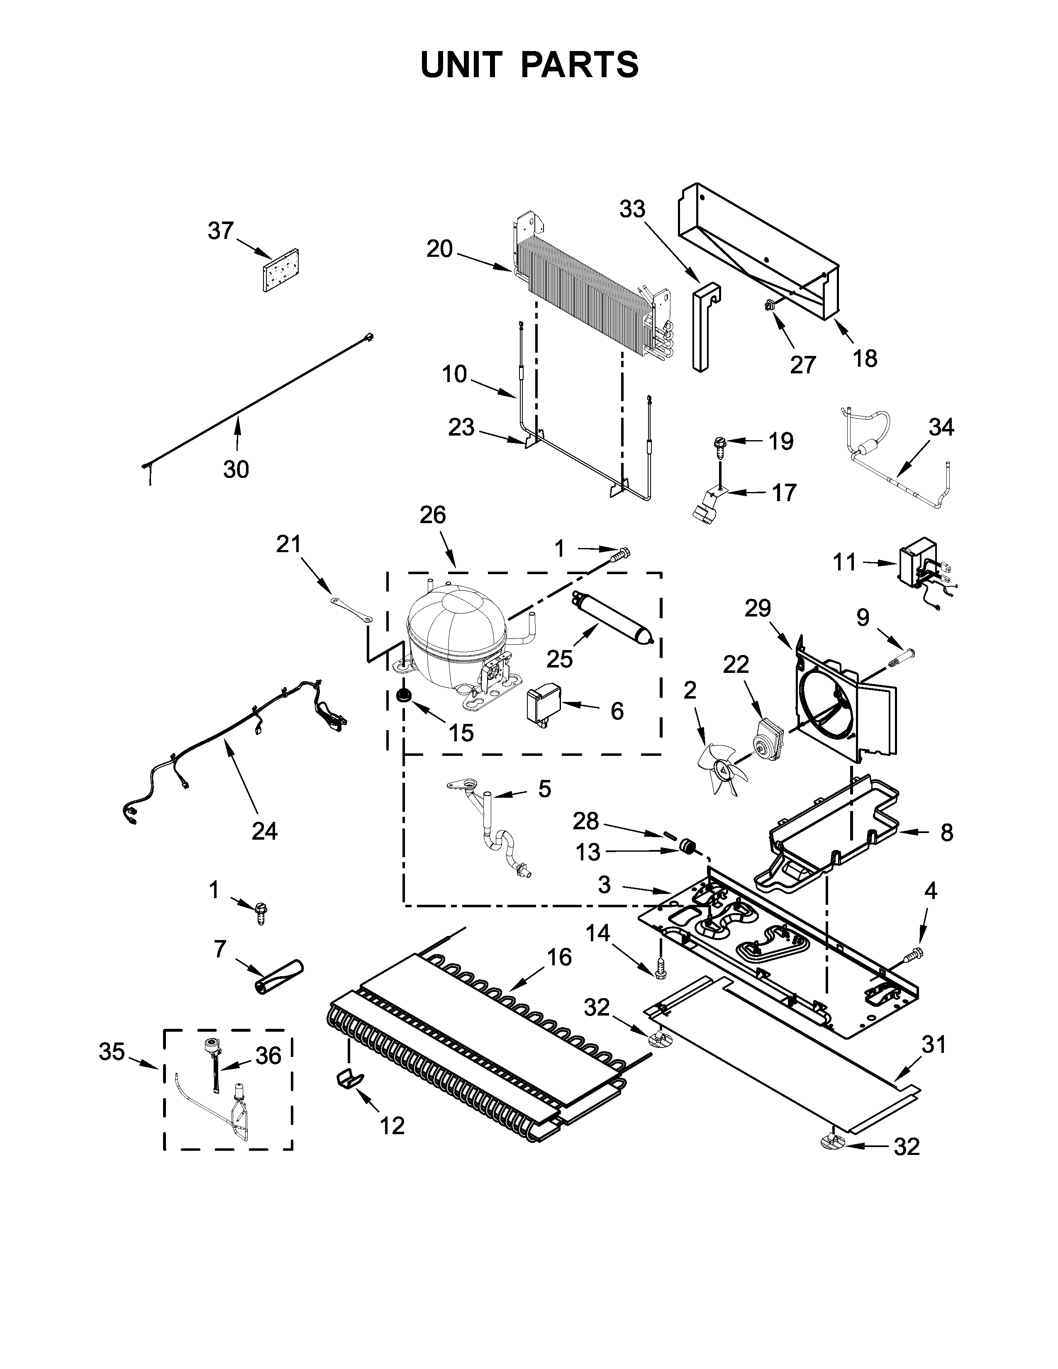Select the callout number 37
point(221,231)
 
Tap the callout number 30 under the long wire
point(236,469)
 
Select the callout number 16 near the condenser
point(559,957)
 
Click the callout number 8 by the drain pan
point(946,833)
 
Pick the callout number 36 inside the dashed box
point(268,1056)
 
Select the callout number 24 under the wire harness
point(264,831)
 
